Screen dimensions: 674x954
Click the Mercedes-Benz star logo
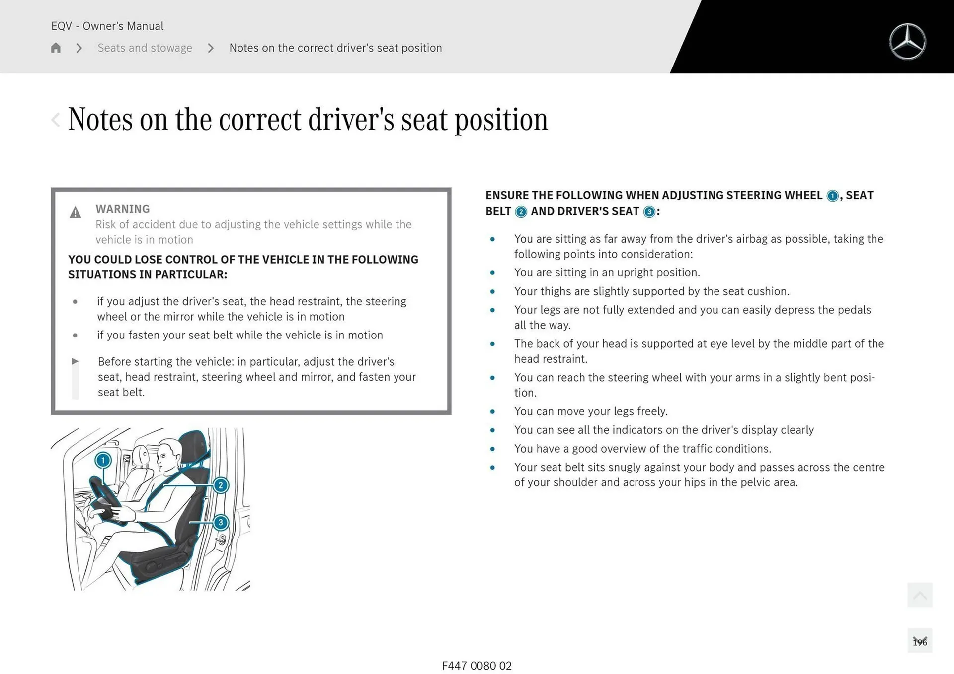point(907,42)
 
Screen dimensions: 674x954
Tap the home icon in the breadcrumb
point(56,48)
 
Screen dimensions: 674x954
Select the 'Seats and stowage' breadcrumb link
point(145,48)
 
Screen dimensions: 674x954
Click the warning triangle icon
point(75,213)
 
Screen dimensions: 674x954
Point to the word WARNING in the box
point(123,209)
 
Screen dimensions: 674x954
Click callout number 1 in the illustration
point(103,460)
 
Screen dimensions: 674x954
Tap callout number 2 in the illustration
point(221,485)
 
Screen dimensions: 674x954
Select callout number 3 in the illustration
point(221,522)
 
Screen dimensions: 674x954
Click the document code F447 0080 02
point(477,666)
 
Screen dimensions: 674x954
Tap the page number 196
point(920,642)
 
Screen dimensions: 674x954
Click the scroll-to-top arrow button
point(920,595)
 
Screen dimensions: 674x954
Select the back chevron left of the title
point(56,120)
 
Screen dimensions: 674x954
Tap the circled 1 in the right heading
point(832,196)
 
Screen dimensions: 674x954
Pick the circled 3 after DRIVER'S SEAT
point(649,212)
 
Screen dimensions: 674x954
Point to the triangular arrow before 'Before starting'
point(75,361)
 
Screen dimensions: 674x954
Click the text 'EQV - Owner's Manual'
point(107,26)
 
